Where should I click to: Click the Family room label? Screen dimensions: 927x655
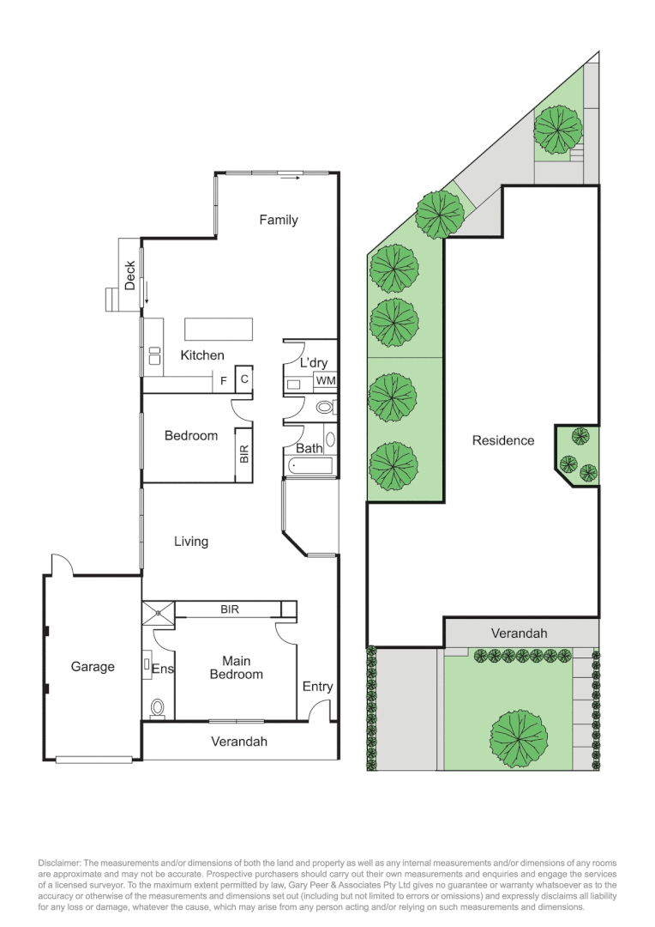279,221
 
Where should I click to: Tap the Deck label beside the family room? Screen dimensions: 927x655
130,275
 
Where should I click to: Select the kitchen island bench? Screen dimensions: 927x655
219,330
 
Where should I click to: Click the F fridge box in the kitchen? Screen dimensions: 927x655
224,379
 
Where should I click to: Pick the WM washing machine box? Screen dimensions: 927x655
325,380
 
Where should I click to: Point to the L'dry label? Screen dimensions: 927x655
313,363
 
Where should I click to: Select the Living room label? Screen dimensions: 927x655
191,542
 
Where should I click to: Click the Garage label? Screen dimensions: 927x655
93,667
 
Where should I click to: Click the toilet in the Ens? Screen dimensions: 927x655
158,707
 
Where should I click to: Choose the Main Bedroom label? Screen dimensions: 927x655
236,668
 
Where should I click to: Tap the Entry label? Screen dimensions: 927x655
317,687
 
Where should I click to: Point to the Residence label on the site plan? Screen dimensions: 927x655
503,440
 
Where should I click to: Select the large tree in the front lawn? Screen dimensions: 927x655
518,738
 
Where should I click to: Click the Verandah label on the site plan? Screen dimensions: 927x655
519,633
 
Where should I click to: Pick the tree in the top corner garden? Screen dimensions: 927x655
558,129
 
